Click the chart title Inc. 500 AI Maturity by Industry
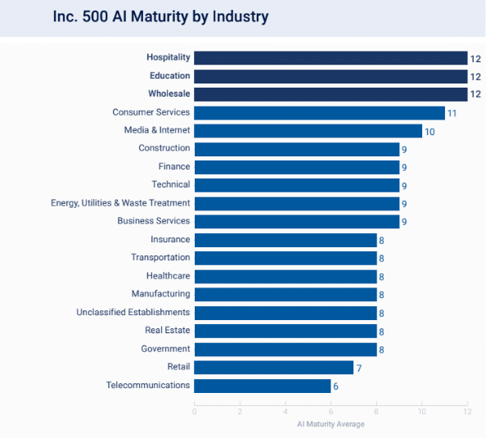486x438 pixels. (x=160, y=16)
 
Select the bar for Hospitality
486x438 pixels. (x=331, y=58)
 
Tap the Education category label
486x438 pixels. (x=169, y=76)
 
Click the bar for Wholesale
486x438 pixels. (x=331, y=94)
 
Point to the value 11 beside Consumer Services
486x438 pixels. (x=452, y=113)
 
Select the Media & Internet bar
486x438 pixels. (x=308, y=131)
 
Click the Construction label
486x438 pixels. (x=164, y=148)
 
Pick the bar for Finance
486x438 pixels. (x=296, y=167)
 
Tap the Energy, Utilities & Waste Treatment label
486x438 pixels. (x=120, y=202)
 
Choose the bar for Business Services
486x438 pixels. (x=296, y=221)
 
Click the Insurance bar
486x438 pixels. (x=285, y=240)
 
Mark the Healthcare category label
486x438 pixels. (x=168, y=276)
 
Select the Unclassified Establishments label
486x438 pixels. (x=133, y=312)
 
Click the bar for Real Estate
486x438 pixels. (x=285, y=331)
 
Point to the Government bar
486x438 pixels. (x=285, y=350)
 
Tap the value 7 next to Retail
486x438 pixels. (x=359, y=368)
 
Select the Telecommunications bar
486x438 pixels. (x=262, y=386)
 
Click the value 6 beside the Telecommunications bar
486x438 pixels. (x=336, y=386)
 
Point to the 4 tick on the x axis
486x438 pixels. (x=286, y=412)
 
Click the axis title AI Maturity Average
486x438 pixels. (x=331, y=424)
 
